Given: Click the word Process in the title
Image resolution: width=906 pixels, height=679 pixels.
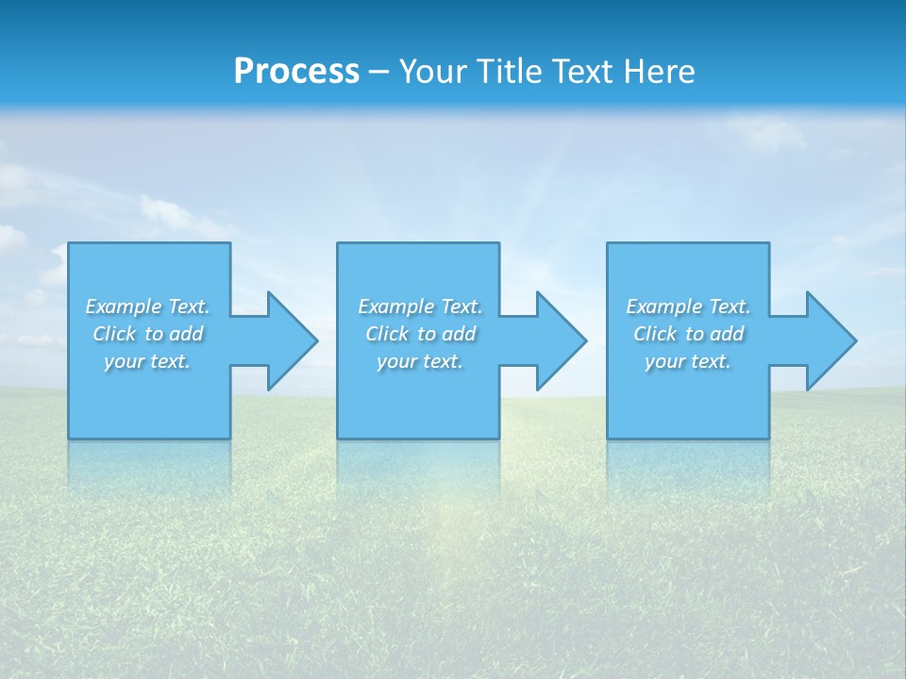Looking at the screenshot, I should click(x=296, y=72).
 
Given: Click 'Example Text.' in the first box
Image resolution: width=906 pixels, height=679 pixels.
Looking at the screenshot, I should click(x=147, y=306).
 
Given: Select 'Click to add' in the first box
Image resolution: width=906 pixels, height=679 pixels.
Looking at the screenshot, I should click(x=147, y=334).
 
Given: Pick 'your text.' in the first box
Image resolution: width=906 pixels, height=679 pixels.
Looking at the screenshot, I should click(x=147, y=361).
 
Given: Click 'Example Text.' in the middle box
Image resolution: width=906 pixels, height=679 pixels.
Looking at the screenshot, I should click(x=420, y=306).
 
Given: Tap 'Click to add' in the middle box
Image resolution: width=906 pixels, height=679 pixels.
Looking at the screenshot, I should click(x=420, y=334).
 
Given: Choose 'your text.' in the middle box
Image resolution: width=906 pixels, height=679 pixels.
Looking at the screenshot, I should click(x=420, y=361).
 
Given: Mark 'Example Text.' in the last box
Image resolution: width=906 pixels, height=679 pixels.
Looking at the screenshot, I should click(x=688, y=306).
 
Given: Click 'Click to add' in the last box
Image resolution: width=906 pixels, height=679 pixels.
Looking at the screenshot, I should click(x=688, y=334).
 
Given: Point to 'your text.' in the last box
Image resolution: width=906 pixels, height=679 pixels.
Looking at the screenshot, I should click(x=688, y=361).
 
